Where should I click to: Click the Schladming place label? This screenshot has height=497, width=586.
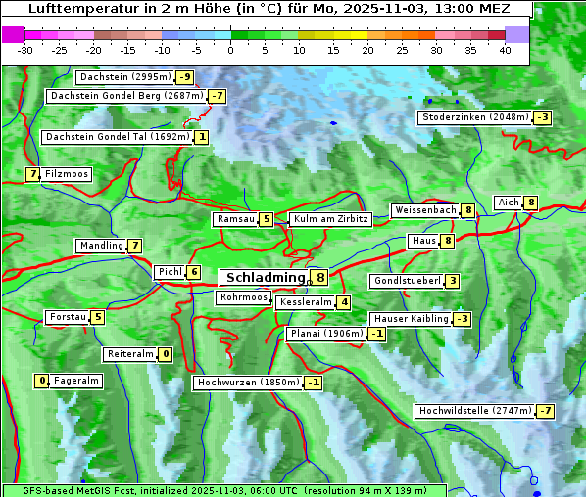[265, 278]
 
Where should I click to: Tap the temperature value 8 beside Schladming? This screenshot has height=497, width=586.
[320, 278]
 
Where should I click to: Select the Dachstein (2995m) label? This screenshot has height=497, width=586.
[124, 77]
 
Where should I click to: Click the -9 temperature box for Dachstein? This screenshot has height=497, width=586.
[184, 77]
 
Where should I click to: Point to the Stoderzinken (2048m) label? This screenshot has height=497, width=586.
[474, 117]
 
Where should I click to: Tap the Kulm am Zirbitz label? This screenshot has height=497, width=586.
[330, 219]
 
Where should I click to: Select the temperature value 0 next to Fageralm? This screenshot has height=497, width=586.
[42, 381]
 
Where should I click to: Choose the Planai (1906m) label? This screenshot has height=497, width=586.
[326, 334]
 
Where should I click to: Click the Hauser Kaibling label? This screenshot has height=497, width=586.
[411, 319]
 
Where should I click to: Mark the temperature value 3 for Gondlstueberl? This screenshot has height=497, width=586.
[452, 282]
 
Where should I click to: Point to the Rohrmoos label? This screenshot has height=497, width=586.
[243, 297]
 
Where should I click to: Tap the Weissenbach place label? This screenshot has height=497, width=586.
[425, 210]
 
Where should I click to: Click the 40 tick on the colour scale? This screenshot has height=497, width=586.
[505, 50]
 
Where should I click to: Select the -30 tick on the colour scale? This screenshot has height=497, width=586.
[25, 50]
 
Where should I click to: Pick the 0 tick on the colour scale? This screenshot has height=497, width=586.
[230, 50]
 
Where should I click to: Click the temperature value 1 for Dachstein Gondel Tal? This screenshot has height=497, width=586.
[201, 137]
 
